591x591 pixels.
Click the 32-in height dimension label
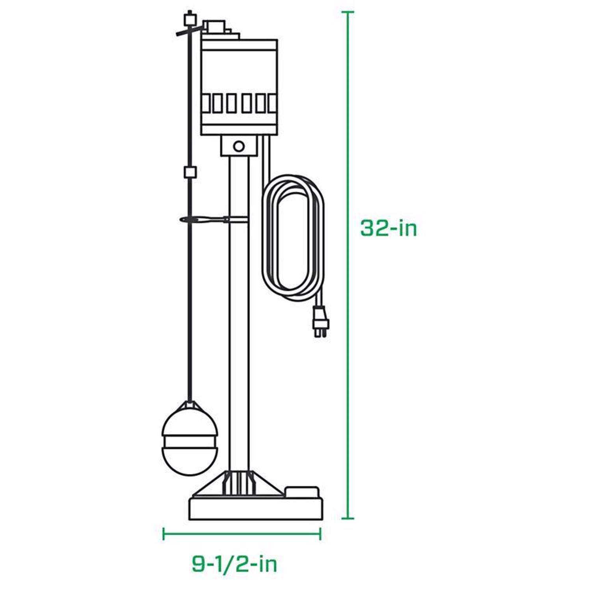tap(388, 228)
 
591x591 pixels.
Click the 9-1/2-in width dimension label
tap(234, 564)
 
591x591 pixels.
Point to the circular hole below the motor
tap(238, 147)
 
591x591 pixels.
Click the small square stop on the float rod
tap(190, 172)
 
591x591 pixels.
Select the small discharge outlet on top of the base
tap(301, 492)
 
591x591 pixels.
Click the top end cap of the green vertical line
tap(347, 12)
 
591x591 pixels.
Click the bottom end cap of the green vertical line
tap(347, 518)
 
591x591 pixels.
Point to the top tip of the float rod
tap(190, 12)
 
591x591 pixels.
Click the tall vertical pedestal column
tap(239, 315)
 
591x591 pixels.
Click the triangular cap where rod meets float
tap(190, 406)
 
